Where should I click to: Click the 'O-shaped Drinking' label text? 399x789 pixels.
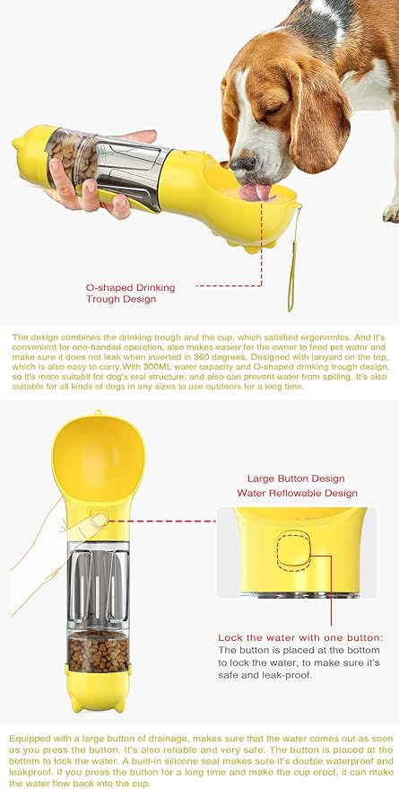[x=130, y=287]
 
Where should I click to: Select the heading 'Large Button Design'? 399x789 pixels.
[x=295, y=478]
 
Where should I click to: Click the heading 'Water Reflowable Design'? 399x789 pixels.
[x=297, y=493]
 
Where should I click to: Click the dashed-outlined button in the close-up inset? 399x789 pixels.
[x=289, y=552]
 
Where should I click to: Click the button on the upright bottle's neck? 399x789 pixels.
[x=98, y=520]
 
